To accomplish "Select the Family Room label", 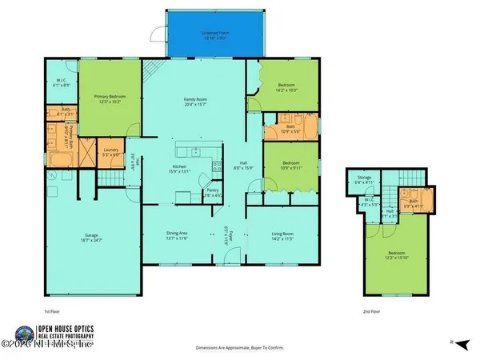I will (196, 99).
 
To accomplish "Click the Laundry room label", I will (108, 152).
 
